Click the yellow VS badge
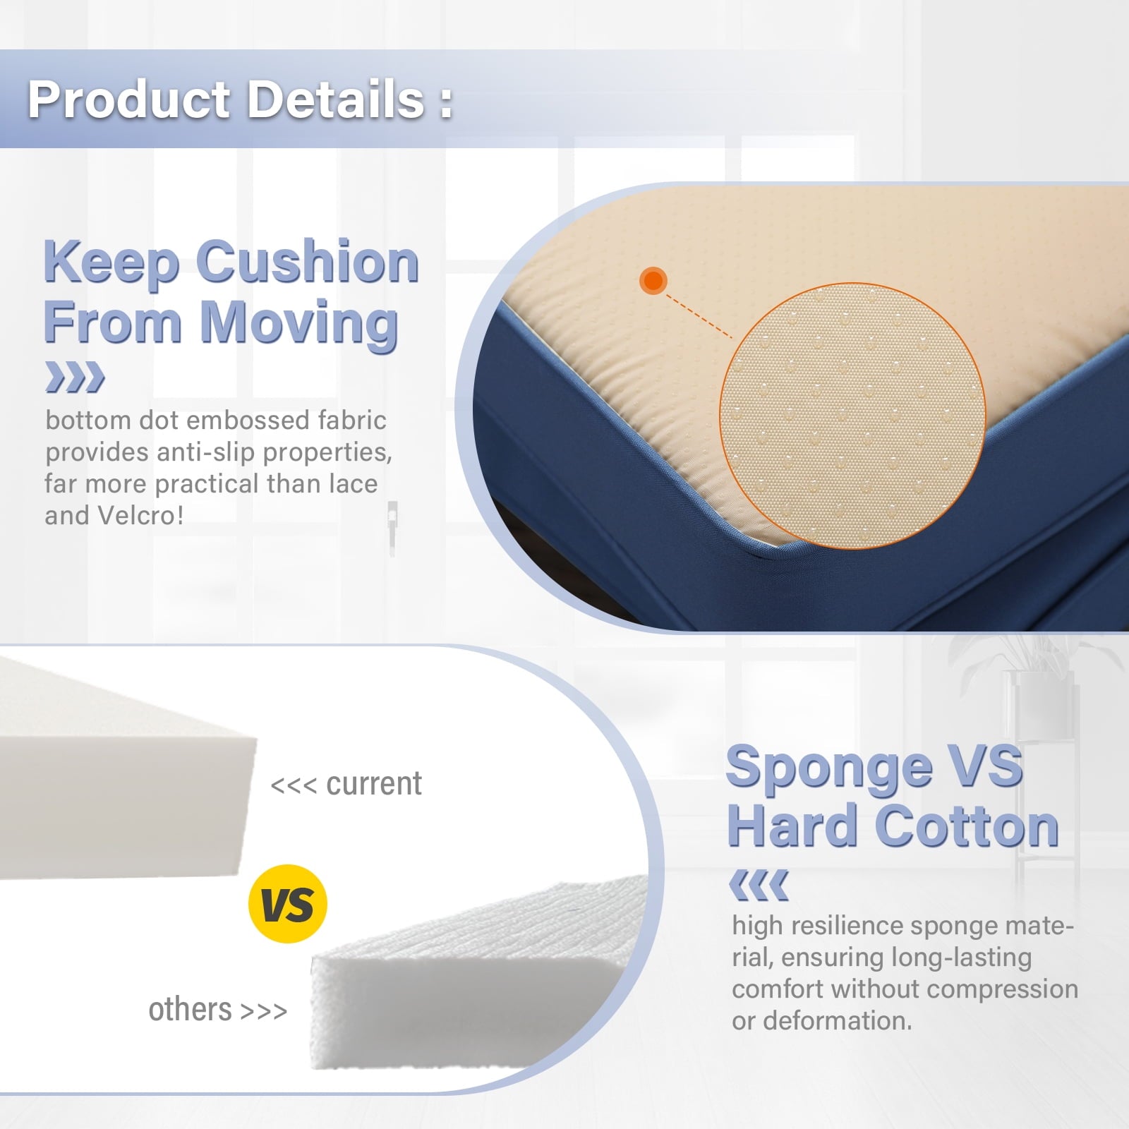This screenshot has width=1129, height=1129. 288,903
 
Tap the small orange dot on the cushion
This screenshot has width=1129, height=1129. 653,281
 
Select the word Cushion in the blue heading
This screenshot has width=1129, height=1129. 308,262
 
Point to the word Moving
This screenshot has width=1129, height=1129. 300,323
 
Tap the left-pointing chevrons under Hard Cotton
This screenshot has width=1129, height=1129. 759,885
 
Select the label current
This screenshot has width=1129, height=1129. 374,784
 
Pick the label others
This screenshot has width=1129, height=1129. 190,1010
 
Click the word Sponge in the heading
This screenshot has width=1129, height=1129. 829,768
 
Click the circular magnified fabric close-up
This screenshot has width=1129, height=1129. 852,416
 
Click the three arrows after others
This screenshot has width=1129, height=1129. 264,1011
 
